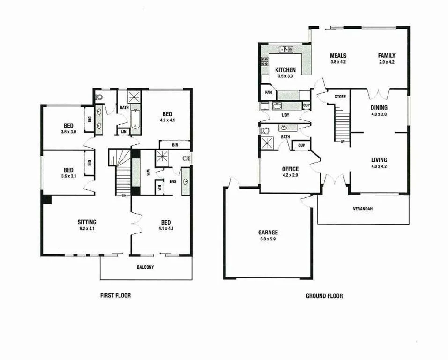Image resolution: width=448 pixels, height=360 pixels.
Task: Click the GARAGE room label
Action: pyautogui.click(x=268, y=232)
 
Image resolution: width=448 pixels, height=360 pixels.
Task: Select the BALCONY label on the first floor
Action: pyautogui.click(x=146, y=267)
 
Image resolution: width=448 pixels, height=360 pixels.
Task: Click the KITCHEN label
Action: pyautogui.click(x=285, y=70)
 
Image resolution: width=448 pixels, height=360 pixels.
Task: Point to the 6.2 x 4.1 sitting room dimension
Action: pyautogui.click(x=87, y=229)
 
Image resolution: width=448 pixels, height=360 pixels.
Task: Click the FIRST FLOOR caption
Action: pyautogui.click(x=115, y=295)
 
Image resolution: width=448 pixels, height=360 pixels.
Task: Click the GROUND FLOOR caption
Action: pyautogui.click(x=324, y=296)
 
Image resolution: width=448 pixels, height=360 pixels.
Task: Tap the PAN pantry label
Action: pyautogui.click(x=269, y=92)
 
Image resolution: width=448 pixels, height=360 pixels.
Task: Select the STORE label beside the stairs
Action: pyautogui.click(x=340, y=97)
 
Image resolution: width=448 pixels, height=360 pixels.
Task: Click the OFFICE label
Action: pyautogui.click(x=291, y=169)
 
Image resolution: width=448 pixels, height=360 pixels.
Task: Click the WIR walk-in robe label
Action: pyautogui.click(x=148, y=171)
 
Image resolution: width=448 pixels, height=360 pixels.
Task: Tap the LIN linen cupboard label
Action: pyautogui.click(x=123, y=131)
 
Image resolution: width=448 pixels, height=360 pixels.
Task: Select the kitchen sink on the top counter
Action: pyautogui.click(x=285, y=49)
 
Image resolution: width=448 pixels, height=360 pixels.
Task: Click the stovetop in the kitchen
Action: pyautogui.click(x=264, y=61)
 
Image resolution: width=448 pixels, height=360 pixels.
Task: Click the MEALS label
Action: pyautogui.click(x=338, y=55)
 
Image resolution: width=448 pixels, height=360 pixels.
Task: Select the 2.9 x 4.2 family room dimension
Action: pyautogui.click(x=387, y=62)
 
